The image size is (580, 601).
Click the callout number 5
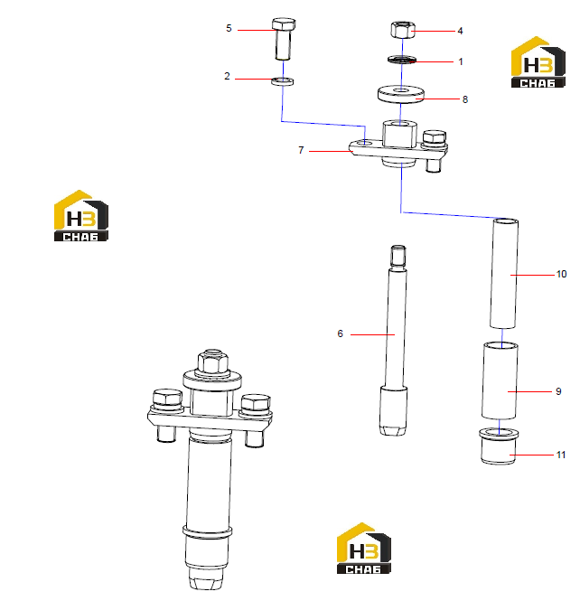229,28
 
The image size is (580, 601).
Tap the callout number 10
561,274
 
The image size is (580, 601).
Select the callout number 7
301,150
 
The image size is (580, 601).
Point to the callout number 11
561,455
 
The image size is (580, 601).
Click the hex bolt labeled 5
284,39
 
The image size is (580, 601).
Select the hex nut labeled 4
403,30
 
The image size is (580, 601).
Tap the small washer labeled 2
283,81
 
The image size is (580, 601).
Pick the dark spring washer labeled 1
401,60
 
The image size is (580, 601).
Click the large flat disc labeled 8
401,94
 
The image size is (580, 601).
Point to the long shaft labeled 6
395,341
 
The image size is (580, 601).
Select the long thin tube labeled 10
504,273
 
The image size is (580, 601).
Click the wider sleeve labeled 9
500,381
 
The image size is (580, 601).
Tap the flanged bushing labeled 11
499,446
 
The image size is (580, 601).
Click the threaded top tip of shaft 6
398,256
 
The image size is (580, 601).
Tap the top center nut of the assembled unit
213,362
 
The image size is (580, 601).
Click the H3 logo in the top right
538,62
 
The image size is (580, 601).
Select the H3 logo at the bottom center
363,548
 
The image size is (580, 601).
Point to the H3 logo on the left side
81,215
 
